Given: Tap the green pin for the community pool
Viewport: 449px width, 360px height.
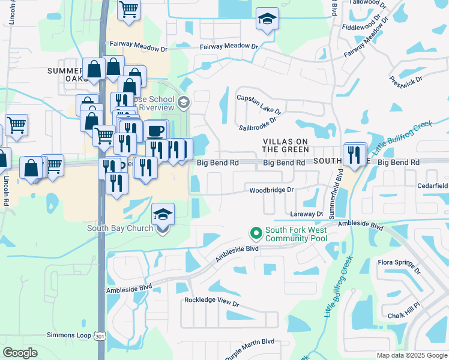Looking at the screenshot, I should (256, 232).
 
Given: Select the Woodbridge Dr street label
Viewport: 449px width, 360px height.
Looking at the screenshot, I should (272, 190).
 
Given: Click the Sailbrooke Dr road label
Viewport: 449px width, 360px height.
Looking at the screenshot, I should (257, 123).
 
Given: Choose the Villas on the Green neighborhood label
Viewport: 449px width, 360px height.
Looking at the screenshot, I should (285, 145).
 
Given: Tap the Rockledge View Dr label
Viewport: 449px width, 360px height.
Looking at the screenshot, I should (211, 302).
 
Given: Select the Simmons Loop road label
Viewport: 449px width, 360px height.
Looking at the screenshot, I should (67, 337).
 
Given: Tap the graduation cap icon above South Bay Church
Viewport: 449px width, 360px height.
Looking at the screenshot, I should (163, 214).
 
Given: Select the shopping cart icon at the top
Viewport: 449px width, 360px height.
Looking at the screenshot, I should (128, 11).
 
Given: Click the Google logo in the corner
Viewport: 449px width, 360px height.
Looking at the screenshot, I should (20, 353).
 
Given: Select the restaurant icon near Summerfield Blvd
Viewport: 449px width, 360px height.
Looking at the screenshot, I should (355, 154).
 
